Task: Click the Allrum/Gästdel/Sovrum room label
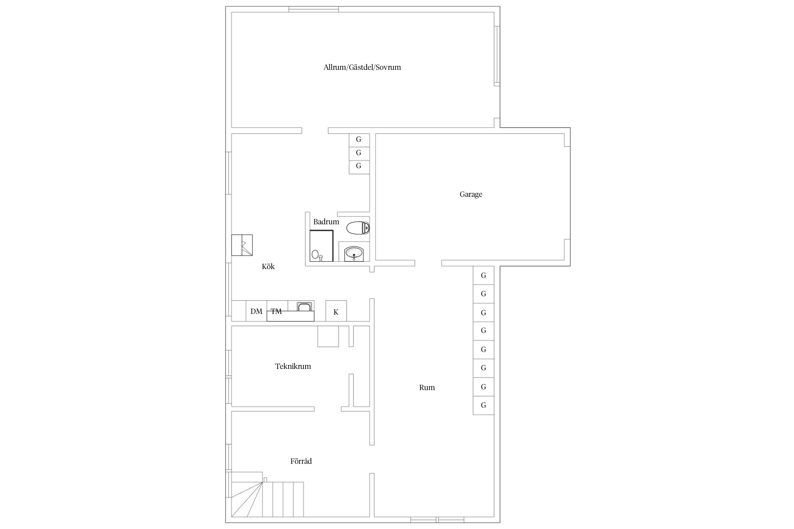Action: [x=362, y=67]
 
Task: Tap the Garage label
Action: [x=471, y=194]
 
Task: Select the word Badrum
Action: [x=326, y=222]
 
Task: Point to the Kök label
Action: [x=268, y=267]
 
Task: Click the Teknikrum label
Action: [x=293, y=366]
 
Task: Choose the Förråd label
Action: [x=301, y=461]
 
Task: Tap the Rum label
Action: [x=427, y=388]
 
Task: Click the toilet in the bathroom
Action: [x=358, y=228]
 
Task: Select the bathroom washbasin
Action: [x=354, y=253]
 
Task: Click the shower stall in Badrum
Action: [x=321, y=246]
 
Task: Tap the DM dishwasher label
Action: [x=257, y=311]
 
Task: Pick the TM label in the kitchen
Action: [x=276, y=311]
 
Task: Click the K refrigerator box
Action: [x=336, y=311]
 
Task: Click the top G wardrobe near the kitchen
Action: [x=359, y=140]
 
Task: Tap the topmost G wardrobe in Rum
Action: [x=483, y=275]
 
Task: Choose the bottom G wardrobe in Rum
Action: [x=483, y=405]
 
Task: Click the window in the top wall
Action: [x=314, y=9]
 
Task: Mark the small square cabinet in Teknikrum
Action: [x=328, y=336]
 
